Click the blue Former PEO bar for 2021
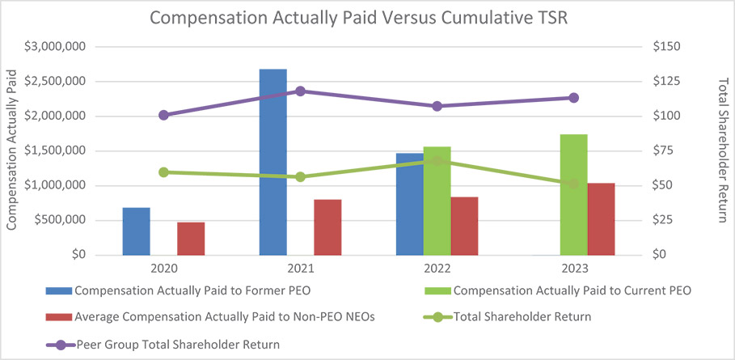pos(272,162)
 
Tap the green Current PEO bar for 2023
pos(573,194)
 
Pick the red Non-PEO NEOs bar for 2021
pos(327,227)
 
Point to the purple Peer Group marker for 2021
pos(300,91)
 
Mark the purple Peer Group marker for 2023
pos(573,98)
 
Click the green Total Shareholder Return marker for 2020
pos(163,172)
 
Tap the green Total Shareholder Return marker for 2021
pos(300,176)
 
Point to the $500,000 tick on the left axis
pos(63,220)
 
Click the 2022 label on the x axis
pos(437,268)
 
